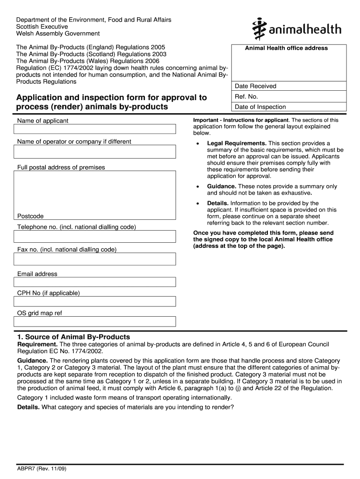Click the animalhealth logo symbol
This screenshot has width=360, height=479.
coord(258,30)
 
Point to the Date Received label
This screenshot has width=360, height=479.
coord(255,86)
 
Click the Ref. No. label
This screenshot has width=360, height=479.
coord(246,97)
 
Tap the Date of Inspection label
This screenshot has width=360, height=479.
coord(260,107)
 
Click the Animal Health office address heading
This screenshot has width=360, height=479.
coord(286,48)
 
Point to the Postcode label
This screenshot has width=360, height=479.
coord(30,216)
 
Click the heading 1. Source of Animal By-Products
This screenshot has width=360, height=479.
coord(73,337)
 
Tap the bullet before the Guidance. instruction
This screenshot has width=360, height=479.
coord(198,187)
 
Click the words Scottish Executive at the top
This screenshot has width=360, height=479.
coord(42,27)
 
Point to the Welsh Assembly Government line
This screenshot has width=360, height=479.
coord(58,34)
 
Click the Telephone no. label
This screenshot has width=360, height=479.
coord(76,227)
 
